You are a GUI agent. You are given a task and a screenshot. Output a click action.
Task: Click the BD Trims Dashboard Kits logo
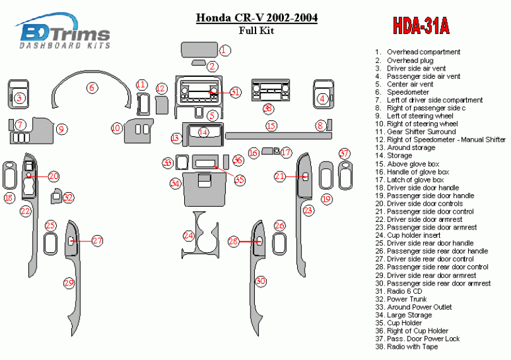pos(65,32)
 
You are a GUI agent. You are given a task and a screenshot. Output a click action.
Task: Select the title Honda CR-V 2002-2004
pos(257,18)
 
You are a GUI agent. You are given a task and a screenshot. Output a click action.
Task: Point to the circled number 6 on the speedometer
pos(92,87)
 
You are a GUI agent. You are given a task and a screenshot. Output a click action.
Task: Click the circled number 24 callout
pos(188,235)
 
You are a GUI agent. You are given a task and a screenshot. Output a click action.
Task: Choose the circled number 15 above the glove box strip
pos(271,126)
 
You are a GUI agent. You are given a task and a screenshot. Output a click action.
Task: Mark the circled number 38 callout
pos(268,108)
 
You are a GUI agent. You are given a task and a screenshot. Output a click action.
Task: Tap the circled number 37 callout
pos(344,153)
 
